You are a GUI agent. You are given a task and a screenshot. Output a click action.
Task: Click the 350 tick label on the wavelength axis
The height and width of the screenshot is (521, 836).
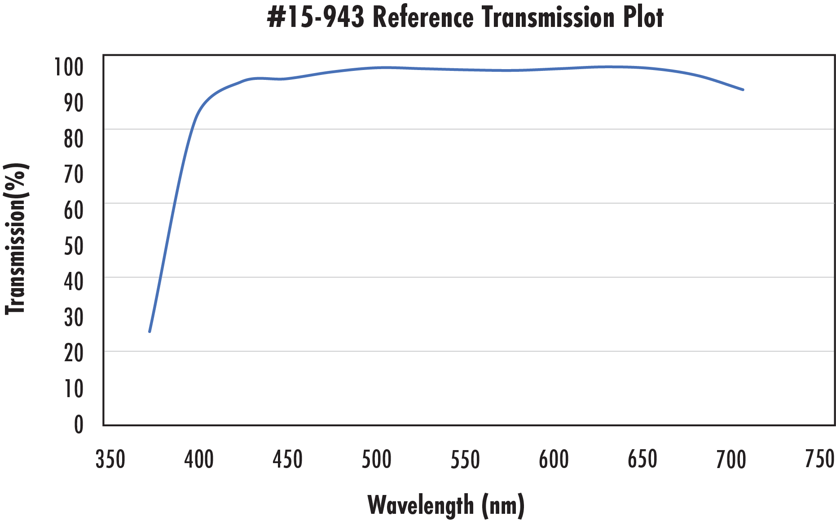tap(110, 460)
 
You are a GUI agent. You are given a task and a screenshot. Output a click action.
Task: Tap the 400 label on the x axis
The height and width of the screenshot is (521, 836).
tap(199, 460)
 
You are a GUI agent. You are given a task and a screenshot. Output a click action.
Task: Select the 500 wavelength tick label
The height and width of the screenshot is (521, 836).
tap(376, 460)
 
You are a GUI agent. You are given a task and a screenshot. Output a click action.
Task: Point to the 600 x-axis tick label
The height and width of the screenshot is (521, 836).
tap(554, 460)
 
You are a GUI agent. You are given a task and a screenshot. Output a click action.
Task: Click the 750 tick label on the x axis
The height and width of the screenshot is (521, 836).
tap(819, 460)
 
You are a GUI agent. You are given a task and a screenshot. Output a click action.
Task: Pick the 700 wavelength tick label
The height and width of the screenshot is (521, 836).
tap(731, 460)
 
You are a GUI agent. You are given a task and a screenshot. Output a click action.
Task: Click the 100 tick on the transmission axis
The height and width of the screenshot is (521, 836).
tap(69, 67)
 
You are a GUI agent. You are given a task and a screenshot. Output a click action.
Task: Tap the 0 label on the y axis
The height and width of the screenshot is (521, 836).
tap(79, 425)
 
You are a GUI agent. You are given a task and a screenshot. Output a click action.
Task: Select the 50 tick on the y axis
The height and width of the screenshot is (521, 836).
tap(74, 246)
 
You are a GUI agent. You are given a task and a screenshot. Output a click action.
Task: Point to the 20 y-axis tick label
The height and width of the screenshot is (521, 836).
tap(74, 353)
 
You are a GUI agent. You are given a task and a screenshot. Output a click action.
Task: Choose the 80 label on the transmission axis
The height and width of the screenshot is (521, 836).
tap(74, 139)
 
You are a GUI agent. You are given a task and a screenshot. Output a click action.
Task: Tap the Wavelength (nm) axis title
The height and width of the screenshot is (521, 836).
tap(446, 505)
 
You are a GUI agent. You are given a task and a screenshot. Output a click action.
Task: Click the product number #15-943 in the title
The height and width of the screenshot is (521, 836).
tap(315, 18)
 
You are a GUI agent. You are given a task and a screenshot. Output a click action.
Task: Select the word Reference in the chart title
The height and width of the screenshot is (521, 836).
tap(423, 18)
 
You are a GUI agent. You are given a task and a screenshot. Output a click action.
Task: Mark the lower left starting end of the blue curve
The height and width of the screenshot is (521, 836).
tap(150, 331)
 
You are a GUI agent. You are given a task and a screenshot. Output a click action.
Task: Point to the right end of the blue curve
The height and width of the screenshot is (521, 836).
tap(743, 90)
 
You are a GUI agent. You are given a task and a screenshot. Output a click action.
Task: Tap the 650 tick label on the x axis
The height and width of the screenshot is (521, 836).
tap(642, 460)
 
